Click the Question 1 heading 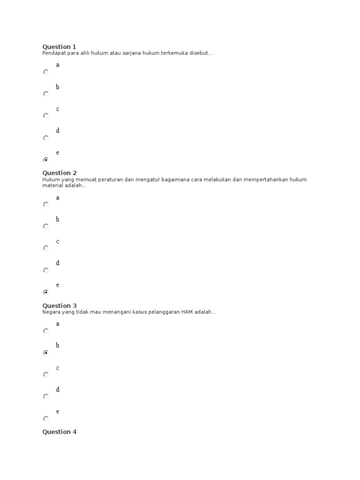point(59,47)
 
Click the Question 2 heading point(59,173)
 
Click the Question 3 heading point(59,306)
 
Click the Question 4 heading point(59,432)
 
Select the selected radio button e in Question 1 point(45,160)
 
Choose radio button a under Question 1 point(45,72)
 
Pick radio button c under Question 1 point(45,116)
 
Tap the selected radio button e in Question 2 point(45,292)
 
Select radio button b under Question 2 point(45,226)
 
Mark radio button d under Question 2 point(45,270)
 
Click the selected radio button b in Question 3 point(45,353)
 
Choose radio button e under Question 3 point(45,419)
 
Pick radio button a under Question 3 point(45,331)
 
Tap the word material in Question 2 point(52,186)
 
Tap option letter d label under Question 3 point(58,390)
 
